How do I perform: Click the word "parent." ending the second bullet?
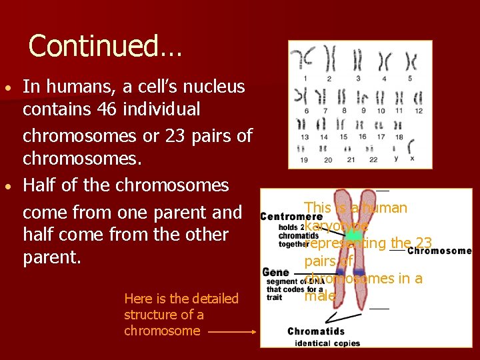pyautogui.click(x=52, y=257)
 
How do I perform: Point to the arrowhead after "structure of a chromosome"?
pyautogui.click(x=253, y=331)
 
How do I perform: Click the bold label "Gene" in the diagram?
pyautogui.click(x=275, y=273)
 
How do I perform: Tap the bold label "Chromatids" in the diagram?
pyautogui.click(x=316, y=331)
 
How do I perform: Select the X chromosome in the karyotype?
pyautogui.click(x=411, y=146)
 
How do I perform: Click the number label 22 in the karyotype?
pyautogui.click(x=373, y=159)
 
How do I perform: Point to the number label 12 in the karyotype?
pyautogui.click(x=418, y=111)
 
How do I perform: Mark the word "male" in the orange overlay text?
pyautogui.click(x=319, y=296)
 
